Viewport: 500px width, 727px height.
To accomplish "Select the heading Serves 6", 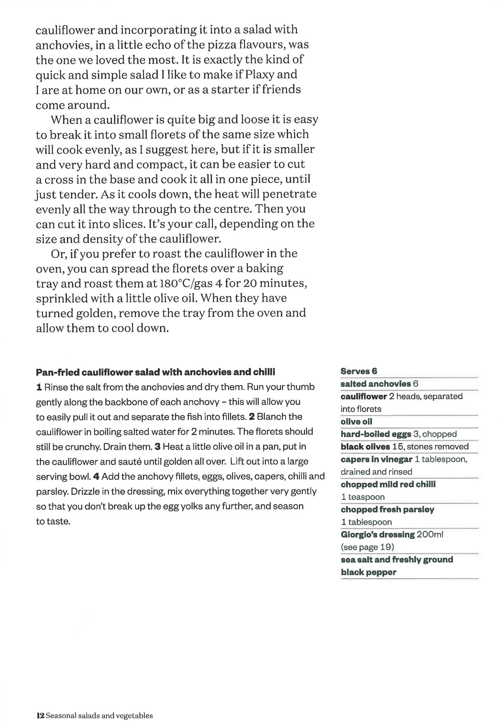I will [359, 371].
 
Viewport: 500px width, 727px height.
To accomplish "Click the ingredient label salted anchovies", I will [376, 384].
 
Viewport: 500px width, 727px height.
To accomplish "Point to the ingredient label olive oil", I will [356, 422].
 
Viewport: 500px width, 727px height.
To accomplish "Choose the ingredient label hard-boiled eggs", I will [376, 434].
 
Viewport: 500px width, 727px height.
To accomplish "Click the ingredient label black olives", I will [365, 447].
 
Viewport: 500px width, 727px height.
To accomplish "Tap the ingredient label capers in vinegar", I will [376, 459].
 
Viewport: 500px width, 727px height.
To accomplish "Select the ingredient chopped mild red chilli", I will [388, 484].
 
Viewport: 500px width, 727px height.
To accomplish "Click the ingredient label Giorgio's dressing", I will [378, 534].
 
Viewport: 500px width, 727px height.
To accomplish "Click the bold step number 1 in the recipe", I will [39, 387].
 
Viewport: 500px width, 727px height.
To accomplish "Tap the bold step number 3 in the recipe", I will [158, 446].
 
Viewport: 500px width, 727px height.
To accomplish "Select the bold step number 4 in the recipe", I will [96, 476].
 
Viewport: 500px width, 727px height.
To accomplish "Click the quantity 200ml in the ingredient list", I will [430, 534].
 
